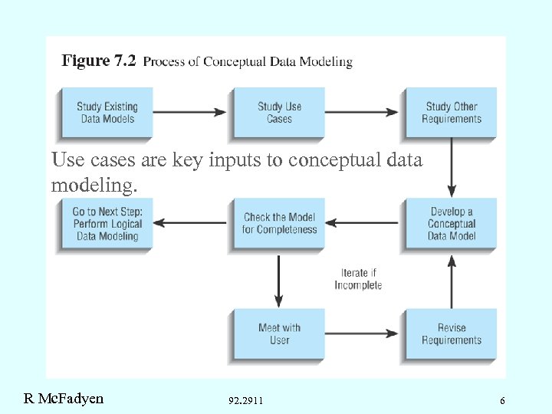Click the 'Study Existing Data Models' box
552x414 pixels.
tap(106, 113)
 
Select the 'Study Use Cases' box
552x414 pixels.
tap(279, 113)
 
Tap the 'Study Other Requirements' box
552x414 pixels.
tap(452, 113)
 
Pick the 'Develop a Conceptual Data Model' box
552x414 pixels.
tap(452, 223)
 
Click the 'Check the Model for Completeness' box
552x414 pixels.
tap(279, 223)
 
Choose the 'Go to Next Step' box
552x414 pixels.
tap(106, 223)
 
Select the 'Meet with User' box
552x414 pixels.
tap(279, 334)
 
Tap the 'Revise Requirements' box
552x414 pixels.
tap(452, 334)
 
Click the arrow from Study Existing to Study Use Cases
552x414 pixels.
tap(192, 113)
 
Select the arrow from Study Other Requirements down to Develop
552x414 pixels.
tap(452, 168)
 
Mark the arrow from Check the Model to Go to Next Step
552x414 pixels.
tap(192, 223)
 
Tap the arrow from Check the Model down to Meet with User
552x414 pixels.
tap(279, 279)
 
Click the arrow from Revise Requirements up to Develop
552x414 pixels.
tap(452, 279)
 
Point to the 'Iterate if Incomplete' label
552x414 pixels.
tap(358, 279)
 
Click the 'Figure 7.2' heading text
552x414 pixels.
tap(98, 61)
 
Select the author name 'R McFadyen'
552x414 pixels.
tap(64, 398)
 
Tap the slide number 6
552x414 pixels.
tap(502, 400)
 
